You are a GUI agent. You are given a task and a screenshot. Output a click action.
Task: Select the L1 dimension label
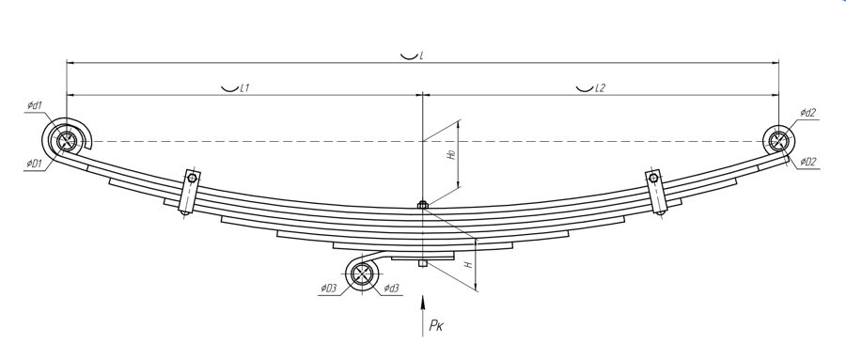243,87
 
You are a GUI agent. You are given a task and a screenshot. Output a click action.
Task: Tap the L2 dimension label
600,87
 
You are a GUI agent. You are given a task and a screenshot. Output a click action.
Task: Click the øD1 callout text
36,164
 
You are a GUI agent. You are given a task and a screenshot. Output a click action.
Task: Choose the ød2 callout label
807,113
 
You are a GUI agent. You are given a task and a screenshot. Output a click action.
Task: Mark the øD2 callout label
808,161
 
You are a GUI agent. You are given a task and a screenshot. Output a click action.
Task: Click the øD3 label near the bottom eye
328,288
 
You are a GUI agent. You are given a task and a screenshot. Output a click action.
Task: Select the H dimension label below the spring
466,266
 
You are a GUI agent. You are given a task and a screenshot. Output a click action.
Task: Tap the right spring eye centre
778,140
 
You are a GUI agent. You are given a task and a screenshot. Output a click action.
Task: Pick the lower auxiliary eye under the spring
362,275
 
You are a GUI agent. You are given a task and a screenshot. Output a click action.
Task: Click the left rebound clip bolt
192,178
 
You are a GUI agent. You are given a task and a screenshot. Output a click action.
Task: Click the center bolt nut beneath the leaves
423,263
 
